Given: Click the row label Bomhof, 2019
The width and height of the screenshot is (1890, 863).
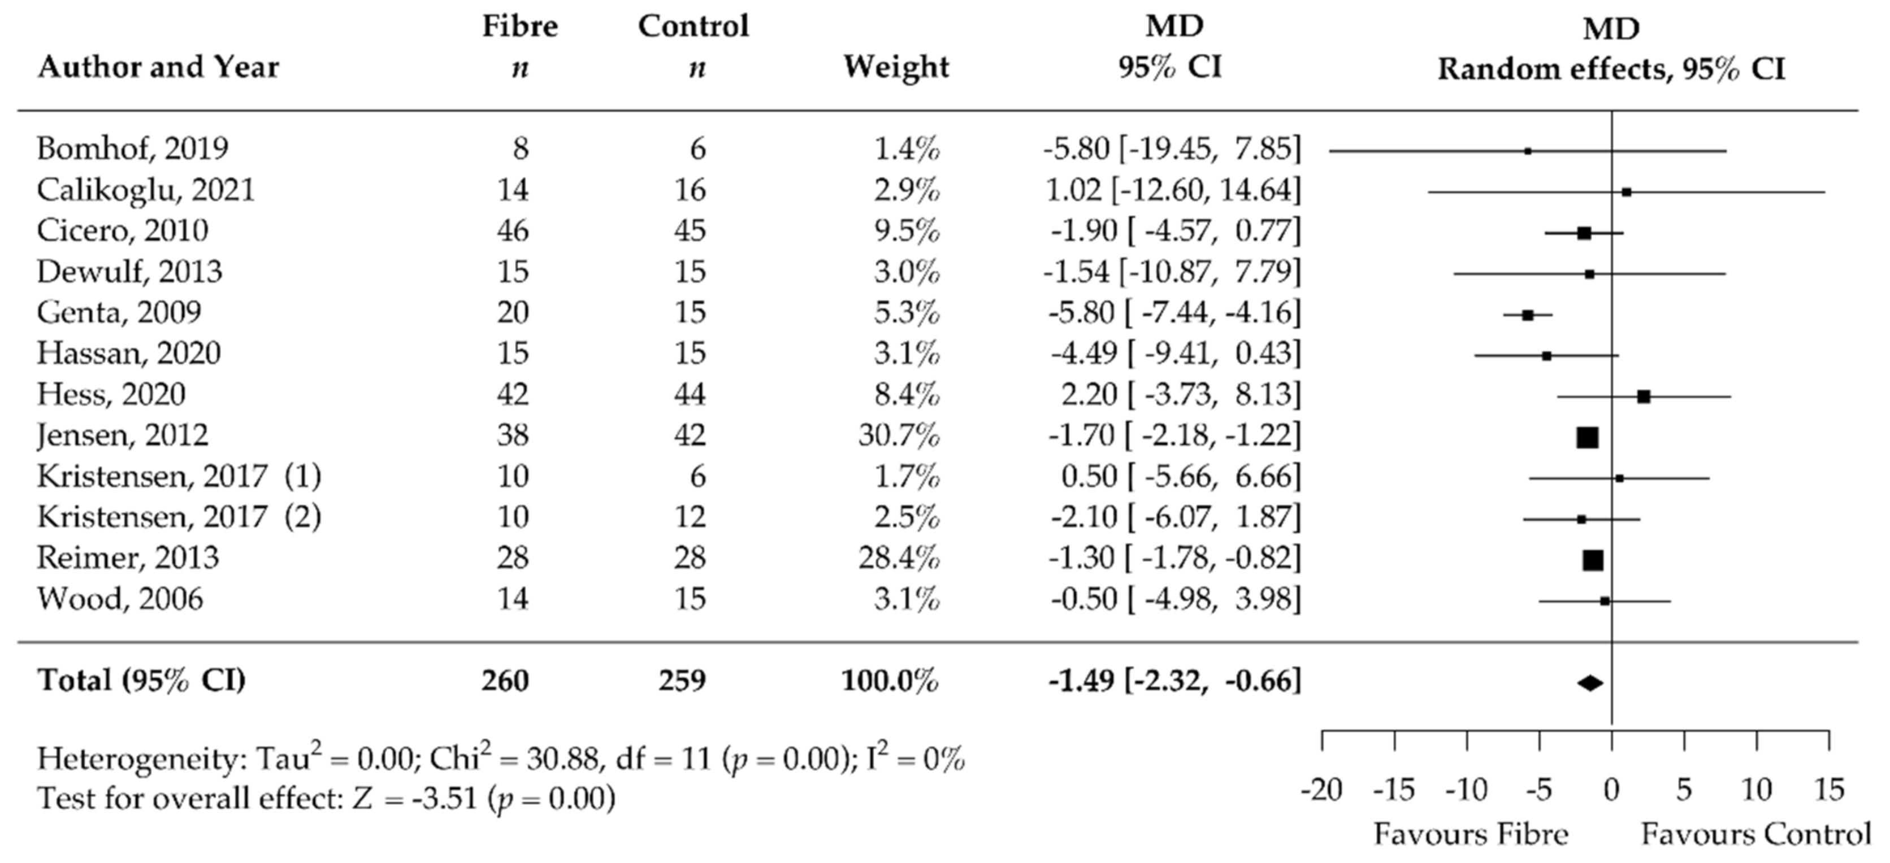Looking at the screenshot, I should coord(133,149).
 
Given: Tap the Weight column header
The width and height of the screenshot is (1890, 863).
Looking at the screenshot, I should coord(896,67).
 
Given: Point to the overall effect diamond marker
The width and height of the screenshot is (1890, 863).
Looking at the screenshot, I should coord(1590,683).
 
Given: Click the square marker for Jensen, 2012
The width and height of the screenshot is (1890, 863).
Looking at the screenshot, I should coord(1587,438).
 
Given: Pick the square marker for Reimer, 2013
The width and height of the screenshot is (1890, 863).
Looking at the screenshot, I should coord(1593,560).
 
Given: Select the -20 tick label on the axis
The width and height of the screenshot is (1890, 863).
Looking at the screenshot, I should coord(1321,790).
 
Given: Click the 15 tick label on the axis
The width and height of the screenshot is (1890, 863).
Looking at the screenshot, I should coord(1828,790).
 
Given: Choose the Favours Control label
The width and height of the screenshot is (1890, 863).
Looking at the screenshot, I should coord(1755,834).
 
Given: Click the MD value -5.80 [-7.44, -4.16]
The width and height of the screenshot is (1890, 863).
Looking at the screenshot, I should coord(1174,313).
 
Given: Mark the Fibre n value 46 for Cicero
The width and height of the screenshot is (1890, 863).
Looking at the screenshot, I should coord(512,231).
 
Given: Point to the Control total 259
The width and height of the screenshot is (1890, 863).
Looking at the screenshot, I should coord(682,681).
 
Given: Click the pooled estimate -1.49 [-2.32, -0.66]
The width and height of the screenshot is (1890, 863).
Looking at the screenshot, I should coord(1174,681).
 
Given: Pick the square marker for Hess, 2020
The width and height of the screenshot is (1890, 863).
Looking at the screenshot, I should coord(1644,396).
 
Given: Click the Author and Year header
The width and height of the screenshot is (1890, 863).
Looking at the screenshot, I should coord(158,67).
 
